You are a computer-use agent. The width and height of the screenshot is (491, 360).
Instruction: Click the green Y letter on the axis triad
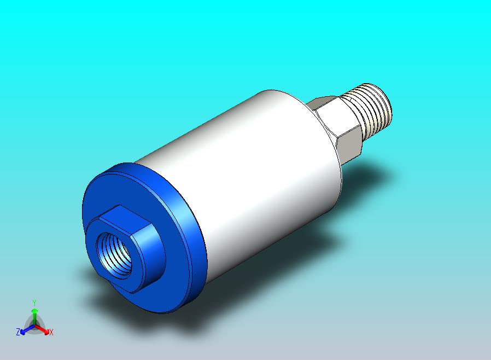coord(34,302)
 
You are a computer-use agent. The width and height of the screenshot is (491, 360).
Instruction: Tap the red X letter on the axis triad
coord(51,332)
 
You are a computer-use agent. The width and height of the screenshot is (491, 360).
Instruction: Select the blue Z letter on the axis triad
coord(18,332)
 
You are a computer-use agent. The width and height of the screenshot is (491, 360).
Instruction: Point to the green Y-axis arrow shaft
coord(34,316)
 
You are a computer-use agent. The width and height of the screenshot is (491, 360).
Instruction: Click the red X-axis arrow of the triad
coord(43,329)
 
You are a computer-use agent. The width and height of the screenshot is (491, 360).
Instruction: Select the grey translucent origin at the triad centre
coord(34,326)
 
